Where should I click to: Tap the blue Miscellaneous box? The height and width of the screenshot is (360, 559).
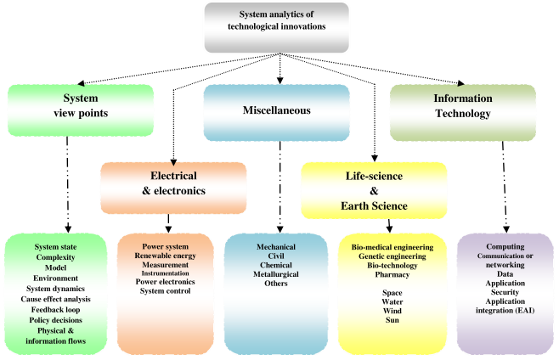coord(277,111)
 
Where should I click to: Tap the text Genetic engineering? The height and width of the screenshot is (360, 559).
coord(392,256)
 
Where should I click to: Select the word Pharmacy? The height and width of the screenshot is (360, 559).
coord(392,274)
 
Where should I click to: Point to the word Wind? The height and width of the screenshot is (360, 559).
coord(392,311)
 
